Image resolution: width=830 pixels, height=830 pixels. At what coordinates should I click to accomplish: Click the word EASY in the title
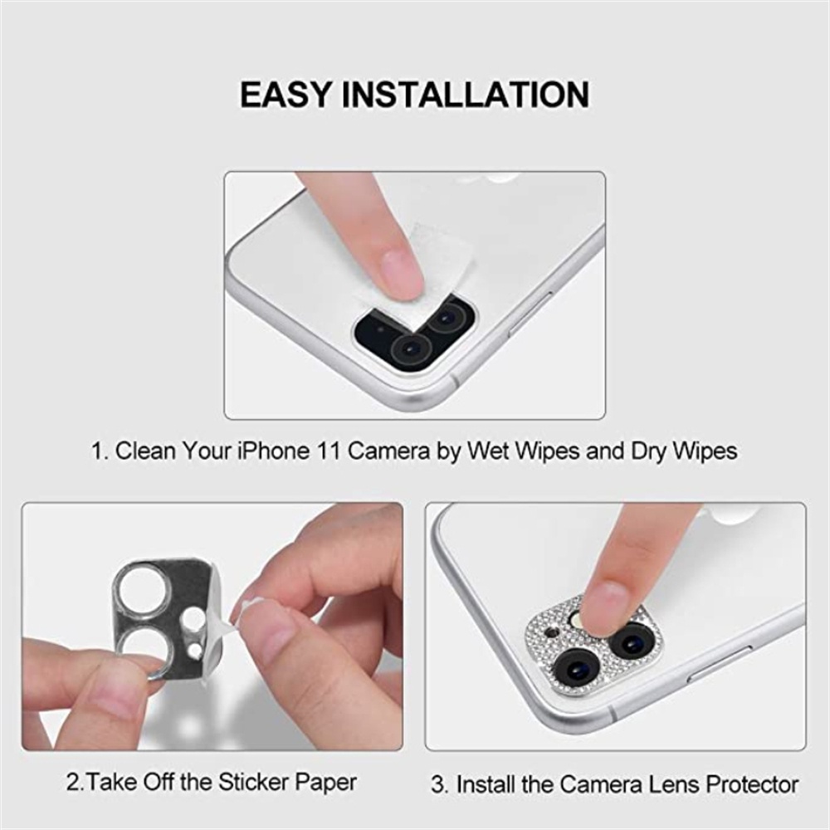coord(285,95)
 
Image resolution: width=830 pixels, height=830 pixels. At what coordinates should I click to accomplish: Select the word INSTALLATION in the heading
coord(466,95)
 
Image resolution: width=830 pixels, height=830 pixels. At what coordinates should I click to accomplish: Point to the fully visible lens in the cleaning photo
coord(409,348)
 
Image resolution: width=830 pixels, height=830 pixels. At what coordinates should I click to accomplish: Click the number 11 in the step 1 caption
coord(329,452)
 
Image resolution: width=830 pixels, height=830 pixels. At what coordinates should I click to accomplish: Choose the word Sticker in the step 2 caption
coord(255,782)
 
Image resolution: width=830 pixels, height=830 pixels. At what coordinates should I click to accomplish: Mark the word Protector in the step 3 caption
coord(745,784)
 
